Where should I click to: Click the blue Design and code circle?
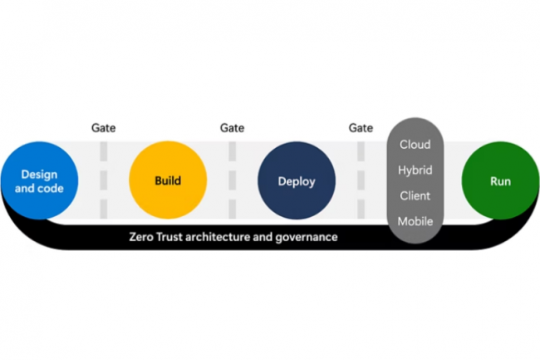coord(39,180)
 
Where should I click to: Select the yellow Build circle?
coord(168,180)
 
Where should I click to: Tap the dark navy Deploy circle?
coord(297,180)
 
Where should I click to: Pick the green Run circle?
coord(500,180)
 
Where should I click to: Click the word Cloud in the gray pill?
coord(415,145)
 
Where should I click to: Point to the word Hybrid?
coord(415,170)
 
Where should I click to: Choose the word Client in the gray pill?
coord(415,196)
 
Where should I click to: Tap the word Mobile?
coord(415,221)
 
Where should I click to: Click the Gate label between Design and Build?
coord(103,128)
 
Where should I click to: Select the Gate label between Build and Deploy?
coord(232,128)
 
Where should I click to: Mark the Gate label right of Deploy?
coord(361,128)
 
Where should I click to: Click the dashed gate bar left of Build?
coord(104,180)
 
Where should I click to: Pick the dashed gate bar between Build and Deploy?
coord(233,180)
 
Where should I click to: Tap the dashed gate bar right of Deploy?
coord(361,180)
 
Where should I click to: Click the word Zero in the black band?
coord(143,237)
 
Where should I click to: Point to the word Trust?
coord(174,237)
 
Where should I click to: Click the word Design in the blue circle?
coord(39,174)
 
